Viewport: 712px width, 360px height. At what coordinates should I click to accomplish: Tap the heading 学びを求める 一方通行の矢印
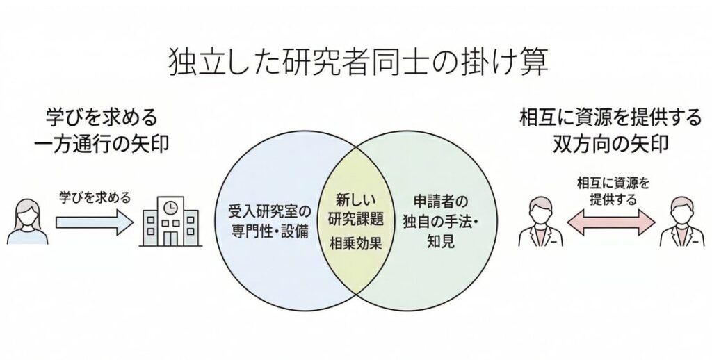[102, 129]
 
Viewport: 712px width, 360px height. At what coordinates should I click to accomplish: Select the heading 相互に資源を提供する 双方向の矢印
[610, 129]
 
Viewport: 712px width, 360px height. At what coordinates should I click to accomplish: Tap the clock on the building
[170, 206]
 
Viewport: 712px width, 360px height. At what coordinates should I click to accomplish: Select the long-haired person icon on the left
[27, 220]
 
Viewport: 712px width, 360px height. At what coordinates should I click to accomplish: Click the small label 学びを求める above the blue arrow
[93, 196]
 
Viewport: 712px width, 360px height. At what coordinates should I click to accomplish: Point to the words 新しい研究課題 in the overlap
[357, 208]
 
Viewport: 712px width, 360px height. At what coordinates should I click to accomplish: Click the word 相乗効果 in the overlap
[357, 245]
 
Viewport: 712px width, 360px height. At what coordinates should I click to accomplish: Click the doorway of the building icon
[170, 238]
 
